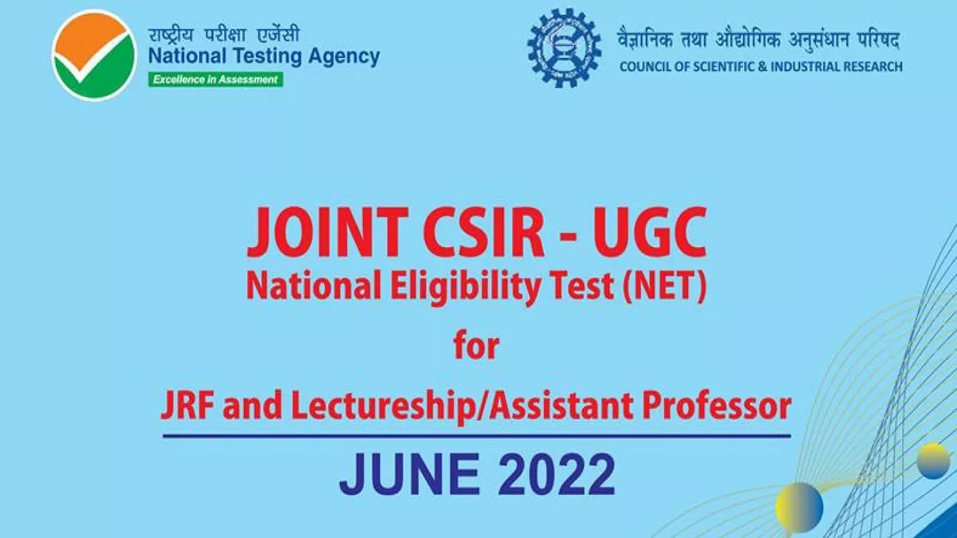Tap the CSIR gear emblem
[564, 48]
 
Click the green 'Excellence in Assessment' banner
[215, 80]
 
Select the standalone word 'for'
[476, 348]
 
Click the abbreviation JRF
[188, 406]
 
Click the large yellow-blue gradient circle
[799, 505]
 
